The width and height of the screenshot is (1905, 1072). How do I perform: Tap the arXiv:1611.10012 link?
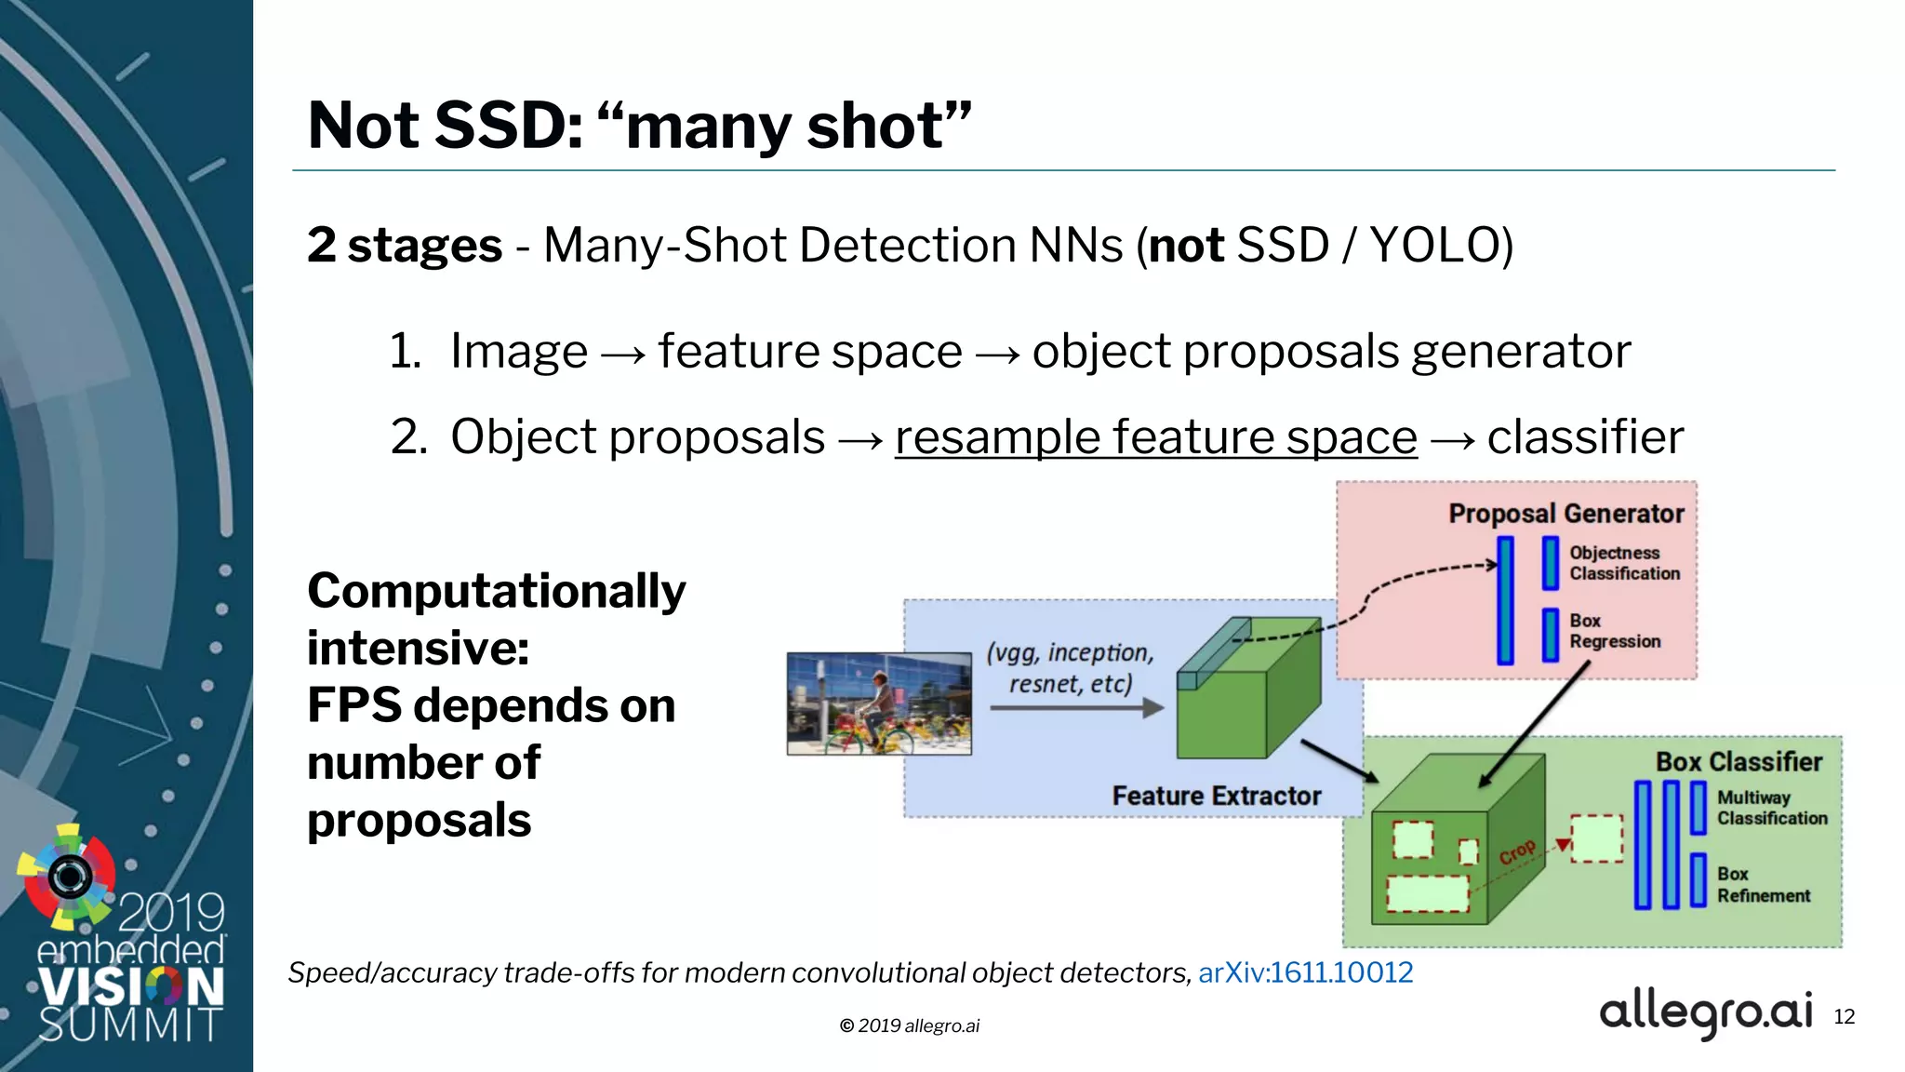1305,972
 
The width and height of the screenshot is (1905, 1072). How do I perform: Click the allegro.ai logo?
1705,1013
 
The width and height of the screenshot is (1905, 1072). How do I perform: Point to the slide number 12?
1844,1017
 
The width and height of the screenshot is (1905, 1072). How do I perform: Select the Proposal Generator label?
1565,514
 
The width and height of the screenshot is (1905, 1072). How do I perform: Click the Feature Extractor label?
1216,797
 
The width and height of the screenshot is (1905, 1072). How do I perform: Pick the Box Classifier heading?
1738,762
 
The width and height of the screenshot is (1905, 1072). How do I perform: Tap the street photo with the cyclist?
879,703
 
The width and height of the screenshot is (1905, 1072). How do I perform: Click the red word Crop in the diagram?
1517,851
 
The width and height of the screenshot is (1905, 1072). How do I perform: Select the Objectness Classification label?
1624,564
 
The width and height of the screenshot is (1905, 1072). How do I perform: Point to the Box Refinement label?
1763,885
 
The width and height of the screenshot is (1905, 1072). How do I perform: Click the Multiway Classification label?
1771,808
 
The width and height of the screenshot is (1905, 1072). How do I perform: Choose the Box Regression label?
1614,631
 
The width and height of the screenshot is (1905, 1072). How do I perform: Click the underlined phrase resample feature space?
1155,437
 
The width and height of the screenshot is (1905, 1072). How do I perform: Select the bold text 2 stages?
405,247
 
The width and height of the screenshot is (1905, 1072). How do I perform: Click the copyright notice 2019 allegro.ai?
909,1025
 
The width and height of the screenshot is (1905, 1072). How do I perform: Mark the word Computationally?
496,592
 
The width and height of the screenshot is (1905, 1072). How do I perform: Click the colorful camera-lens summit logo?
68,876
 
